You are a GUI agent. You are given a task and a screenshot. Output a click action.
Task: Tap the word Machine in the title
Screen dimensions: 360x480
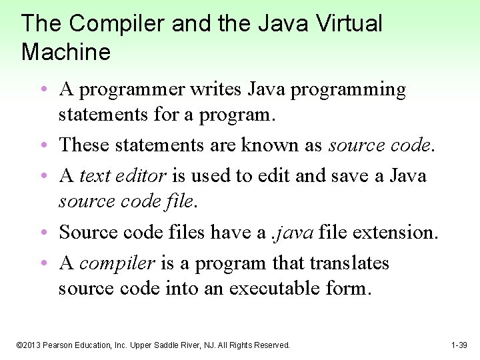pyautogui.click(x=66, y=52)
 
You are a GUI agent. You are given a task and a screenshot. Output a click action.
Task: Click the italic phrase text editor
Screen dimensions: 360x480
pyautogui.click(x=122, y=175)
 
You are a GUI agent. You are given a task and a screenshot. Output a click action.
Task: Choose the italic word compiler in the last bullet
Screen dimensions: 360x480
pyautogui.click(x=117, y=263)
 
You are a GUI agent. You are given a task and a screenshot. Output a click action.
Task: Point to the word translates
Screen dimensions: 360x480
pyautogui.click(x=349, y=263)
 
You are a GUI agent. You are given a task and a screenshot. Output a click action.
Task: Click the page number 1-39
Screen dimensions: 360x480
pyautogui.click(x=459, y=345)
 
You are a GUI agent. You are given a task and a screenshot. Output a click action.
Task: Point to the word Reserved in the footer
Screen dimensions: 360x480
pyautogui.click(x=272, y=345)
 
